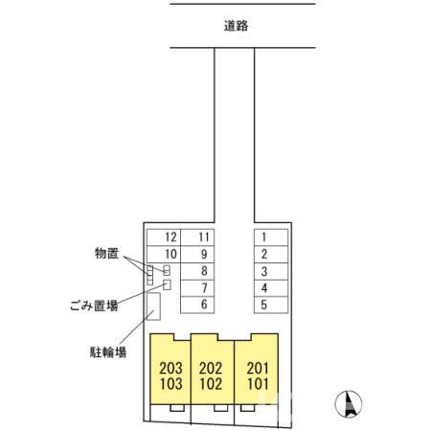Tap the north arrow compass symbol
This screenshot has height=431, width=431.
pos(348,404)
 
